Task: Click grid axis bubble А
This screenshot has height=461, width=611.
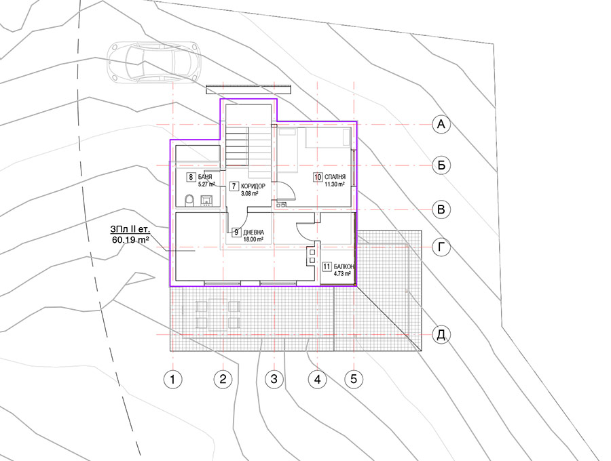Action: pos(441,125)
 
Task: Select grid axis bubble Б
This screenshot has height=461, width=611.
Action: pos(441,165)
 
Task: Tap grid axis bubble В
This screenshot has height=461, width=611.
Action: pos(441,209)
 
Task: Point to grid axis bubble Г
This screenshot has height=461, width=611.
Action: pos(441,247)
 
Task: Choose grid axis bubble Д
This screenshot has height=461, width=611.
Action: pos(441,335)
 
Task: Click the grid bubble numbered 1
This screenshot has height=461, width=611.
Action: pos(172,379)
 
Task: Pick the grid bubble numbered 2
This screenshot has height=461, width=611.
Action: pos(223,379)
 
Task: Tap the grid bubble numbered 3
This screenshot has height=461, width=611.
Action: pos(274,379)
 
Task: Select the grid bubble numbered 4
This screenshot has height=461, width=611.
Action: pos(318,379)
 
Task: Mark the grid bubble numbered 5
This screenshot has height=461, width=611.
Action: pos(354,379)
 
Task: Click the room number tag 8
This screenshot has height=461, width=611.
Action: pos(191,178)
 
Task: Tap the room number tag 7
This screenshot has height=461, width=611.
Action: pos(234,186)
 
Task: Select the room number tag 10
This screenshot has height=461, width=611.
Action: pos(318,178)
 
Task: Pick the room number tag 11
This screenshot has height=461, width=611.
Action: pos(327,267)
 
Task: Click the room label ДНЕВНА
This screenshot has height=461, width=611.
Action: pos(254,233)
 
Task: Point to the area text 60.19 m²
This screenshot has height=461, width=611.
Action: pos(130,239)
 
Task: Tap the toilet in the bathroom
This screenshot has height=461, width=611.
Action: pos(189,201)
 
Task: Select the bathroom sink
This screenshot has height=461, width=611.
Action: pos(206,201)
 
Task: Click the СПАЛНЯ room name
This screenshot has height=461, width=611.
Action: pos(335,178)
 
